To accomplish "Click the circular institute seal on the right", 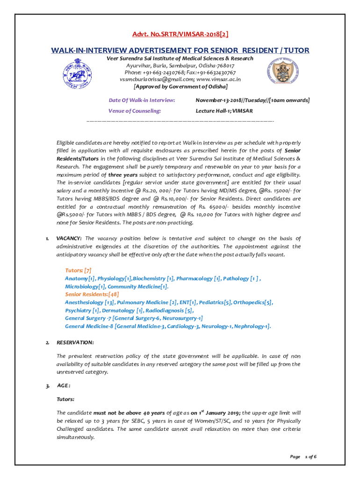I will click(x=278, y=72).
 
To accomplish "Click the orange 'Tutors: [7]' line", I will click(x=78, y=270).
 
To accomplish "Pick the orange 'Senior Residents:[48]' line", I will click(x=92, y=294).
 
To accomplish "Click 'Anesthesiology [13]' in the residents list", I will click(x=89, y=302).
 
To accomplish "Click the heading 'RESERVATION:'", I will click(x=75, y=342).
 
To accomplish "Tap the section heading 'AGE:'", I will click(x=64, y=386).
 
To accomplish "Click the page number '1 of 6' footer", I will click(x=310, y=457).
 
